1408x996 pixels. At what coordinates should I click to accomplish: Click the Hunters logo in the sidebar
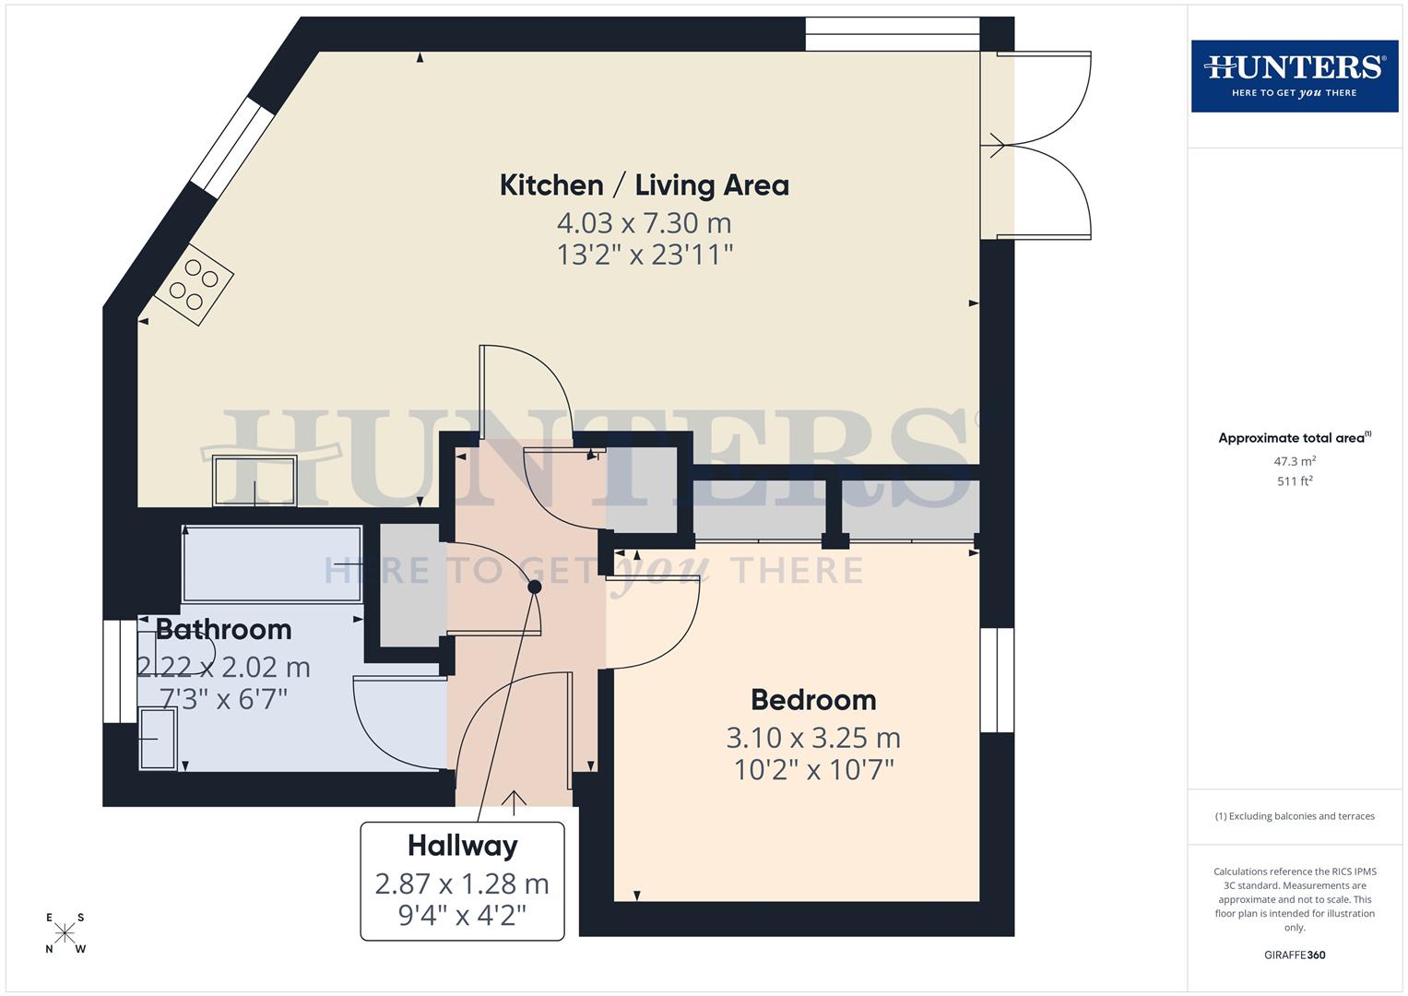click(1294, 76)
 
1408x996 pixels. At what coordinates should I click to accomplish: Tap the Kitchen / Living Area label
click(644, 185)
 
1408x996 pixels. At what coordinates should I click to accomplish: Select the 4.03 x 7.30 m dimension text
click(644, 223)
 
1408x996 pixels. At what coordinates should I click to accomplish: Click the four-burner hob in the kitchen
click(194, 285)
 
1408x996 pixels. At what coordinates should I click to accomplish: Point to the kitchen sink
click(254, 480)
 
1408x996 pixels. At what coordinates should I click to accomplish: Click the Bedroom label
click(812, 700)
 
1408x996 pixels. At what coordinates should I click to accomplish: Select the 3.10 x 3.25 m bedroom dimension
click(812, 738)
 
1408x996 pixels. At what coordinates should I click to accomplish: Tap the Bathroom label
click(223, 630)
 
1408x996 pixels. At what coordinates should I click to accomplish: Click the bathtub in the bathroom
click(272, 564)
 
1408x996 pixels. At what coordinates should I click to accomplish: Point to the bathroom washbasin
click(157, 738)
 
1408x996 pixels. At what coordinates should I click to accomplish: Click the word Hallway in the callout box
click(462, 846)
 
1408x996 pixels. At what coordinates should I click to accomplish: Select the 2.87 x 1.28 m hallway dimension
click(462, 883)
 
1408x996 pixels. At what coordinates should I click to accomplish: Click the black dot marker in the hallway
click(534, 587)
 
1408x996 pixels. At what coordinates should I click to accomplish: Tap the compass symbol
click(65, 933)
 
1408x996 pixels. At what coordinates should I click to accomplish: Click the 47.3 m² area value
click(1294, 461)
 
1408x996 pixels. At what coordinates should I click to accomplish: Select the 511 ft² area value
click(1294, 481)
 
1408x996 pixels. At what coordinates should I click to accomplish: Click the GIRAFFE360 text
click(1294, 955)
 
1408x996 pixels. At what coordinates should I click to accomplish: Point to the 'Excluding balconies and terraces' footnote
click(1294, 816)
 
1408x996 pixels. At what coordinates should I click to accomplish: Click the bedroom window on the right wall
click(997, 680)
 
